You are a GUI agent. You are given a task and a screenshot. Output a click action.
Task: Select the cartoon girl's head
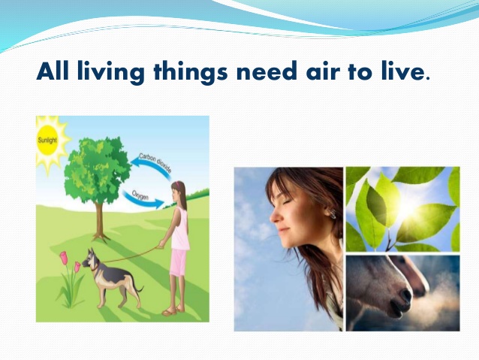[178, 189]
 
